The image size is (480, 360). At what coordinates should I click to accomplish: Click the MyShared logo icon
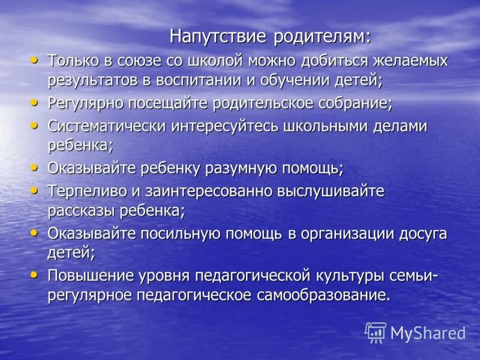click(x=376, y=332)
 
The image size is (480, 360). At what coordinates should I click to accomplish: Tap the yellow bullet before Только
click(x=34, y=60)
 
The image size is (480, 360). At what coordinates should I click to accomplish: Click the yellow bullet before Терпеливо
click(x=34, y=191)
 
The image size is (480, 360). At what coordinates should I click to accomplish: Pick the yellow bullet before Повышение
click(x=34, y=275)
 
